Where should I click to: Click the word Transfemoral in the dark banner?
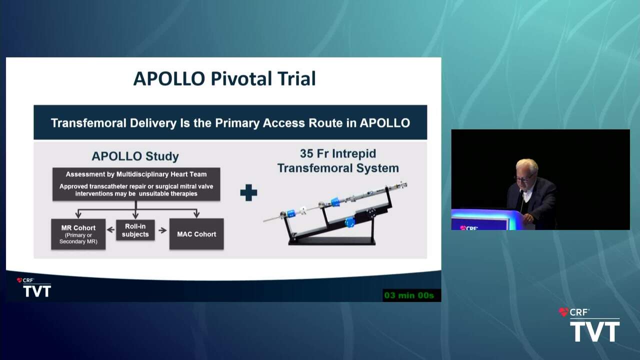88,123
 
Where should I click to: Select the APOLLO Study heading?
135,156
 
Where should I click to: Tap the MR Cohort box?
78,234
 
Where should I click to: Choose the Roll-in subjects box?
135,230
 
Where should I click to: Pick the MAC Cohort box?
196,234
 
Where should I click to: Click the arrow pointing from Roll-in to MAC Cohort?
162,230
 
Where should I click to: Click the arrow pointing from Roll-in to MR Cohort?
110,229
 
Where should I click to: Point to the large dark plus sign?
248,192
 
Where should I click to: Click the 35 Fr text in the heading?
313,153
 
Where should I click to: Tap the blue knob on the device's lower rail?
349,222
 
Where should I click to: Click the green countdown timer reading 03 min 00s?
409,295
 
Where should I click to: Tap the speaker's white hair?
527,165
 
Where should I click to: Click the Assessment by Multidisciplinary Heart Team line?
136,174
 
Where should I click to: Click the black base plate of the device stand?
331,242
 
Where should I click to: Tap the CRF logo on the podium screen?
469,227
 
